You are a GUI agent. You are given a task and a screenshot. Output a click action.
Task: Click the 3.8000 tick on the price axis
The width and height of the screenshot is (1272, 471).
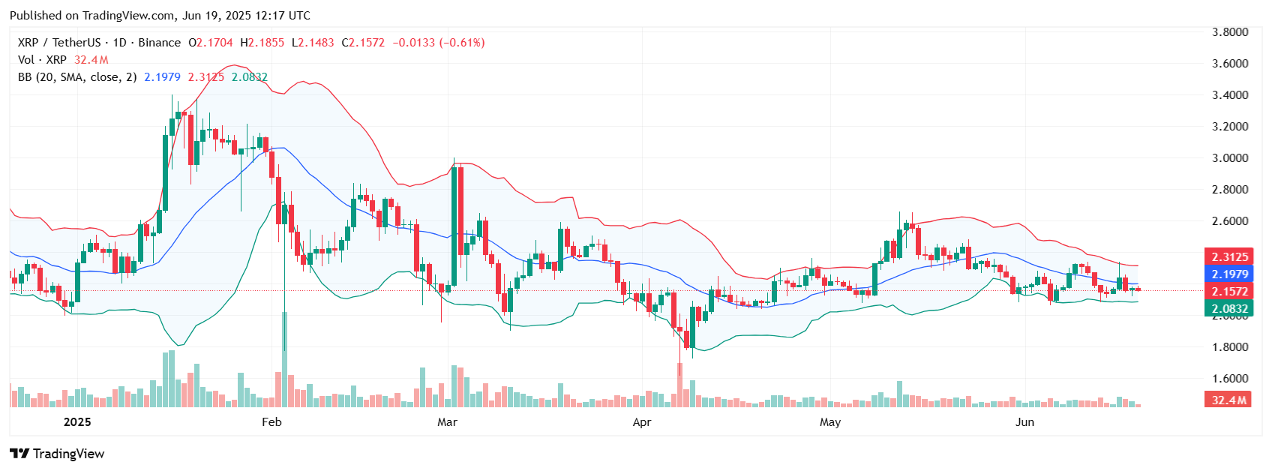pyautogui.click(x=1230, y=32)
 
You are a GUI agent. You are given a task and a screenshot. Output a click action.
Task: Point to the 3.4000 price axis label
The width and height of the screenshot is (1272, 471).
pyautogui.click(x=1230, y=95)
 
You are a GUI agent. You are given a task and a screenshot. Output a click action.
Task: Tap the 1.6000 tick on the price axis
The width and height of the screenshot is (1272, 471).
pyautogui.click(x=1230, y=379)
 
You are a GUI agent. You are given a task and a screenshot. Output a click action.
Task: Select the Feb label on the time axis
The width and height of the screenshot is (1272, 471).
pyautogui.click(x=271, y=422)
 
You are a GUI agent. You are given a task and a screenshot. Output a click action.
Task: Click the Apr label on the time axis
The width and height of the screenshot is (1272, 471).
pyautogui.click(x=642, y=422)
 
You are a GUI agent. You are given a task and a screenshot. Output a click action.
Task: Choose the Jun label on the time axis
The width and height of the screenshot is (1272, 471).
pyautogui.click(x=1024, y=422)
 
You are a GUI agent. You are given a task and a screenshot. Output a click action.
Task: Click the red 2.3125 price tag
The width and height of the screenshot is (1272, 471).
pyautogui.click(x=1228, y=256)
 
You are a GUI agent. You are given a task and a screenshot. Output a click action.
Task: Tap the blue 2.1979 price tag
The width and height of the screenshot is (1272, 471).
pyautogui.click(x=1228, y=274)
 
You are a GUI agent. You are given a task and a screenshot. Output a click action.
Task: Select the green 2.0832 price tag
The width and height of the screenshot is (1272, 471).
pyautogui.click(x=1228, y=308)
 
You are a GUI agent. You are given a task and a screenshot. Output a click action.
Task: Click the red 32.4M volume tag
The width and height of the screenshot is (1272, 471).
pyautogui.click(x=1228, y=400)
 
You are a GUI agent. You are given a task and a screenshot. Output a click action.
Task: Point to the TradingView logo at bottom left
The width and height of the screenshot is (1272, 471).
pyautogui.click(x=57, y=454)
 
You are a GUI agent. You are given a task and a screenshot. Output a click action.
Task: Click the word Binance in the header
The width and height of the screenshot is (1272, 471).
pyautogui.click(x=159, y=43)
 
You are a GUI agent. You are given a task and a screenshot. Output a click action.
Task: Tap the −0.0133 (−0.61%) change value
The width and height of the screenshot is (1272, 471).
pyautogui.click(x=438, y=43)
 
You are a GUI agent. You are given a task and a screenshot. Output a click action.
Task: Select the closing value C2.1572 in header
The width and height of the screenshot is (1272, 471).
pyautogui.click(x=363, y=43)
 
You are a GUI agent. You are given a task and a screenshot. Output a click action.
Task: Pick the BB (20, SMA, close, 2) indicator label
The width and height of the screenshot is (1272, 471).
pyautogui.click(x=77, y=77)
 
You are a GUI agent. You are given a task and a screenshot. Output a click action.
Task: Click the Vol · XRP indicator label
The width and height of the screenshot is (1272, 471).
pyautogui.click(x=42, y=60)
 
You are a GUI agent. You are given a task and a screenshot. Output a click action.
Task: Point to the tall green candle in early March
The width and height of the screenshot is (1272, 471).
pyautogui.click(x=454, y=225)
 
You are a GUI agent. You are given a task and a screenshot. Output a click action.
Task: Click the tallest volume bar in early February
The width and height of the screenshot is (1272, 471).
pyautogui.click(x=284, y=360)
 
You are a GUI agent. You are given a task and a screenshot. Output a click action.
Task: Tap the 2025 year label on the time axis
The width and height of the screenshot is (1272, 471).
pyautogui.click(x=77, y=422)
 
